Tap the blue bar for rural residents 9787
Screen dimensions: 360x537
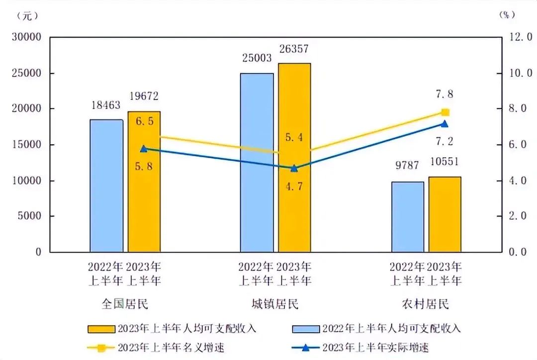point(408,217)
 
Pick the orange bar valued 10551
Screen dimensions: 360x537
point(445,214)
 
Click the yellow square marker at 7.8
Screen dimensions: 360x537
point(446,112)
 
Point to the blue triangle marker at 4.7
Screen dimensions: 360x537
point(294,168)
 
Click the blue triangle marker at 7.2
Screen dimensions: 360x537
point(445,124)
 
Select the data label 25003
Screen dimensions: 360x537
point(257,58)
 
